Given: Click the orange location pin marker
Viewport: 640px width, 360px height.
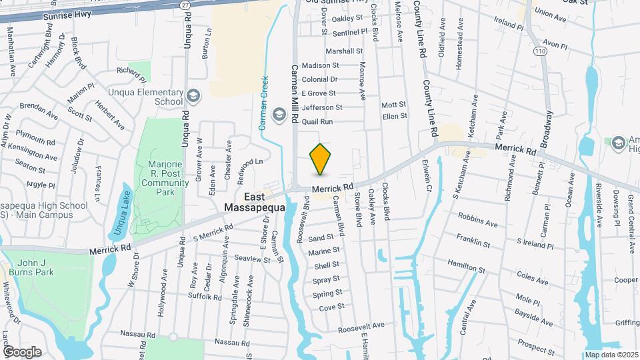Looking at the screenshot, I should tap(321, 159).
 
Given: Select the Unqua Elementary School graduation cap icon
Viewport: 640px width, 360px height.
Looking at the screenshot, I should tap(193, 97).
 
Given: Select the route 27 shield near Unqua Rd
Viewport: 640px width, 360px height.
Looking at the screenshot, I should tap(184, 4).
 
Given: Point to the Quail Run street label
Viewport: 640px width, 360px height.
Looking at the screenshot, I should tap(317, 122).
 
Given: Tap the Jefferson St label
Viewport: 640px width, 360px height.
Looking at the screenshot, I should tap(321, 107).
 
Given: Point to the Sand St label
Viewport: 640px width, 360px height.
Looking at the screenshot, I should tap(321, 237).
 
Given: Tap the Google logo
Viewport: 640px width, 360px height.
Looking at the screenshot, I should tap(22, 352).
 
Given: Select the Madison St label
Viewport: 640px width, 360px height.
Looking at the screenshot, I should tap(321, 65).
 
